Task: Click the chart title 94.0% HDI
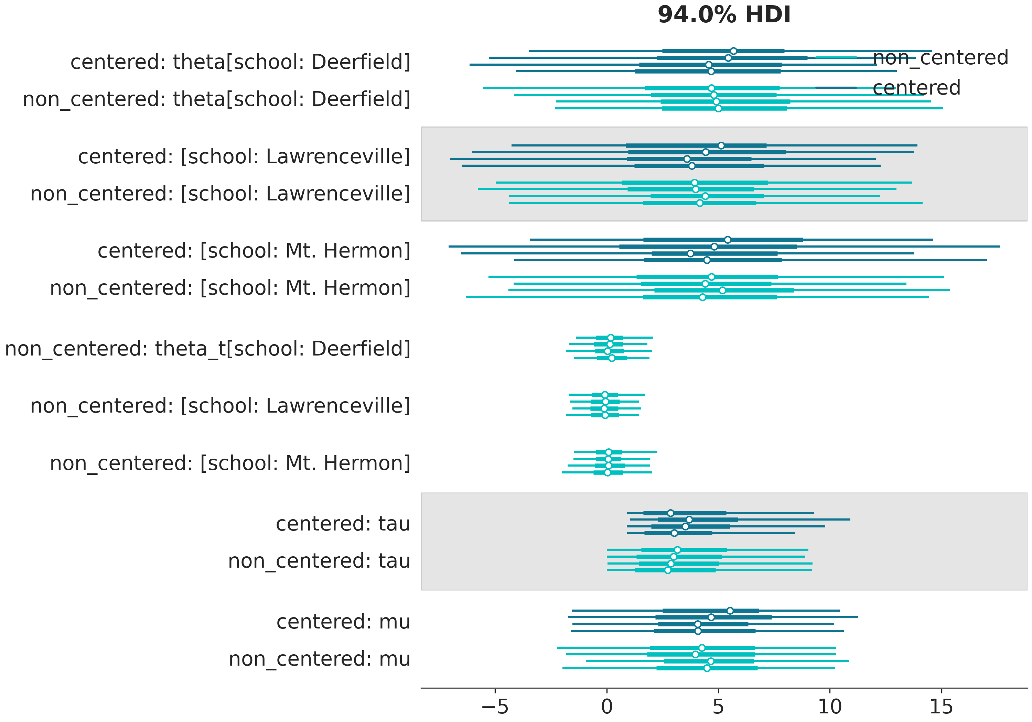point(724,15)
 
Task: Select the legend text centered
point(916,88)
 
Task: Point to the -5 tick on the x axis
point(495,707)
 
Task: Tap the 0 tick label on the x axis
point(607,707)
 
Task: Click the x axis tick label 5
point(718,707)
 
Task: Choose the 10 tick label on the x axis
point(830,707)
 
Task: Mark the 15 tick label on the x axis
point(941,707)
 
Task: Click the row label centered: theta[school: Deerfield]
point(240,62)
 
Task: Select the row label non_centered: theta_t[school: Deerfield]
point(208,349)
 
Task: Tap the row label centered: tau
point(343,524)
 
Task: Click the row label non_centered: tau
point(319,561)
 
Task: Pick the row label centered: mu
point(343,622)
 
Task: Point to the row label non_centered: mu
point(320,659)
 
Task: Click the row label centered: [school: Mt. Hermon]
point(254,251)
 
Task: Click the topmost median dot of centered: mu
point(730,611)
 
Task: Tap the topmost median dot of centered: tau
point(670,513)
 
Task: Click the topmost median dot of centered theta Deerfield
point(733,51)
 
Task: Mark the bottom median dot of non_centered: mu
point(707,668)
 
